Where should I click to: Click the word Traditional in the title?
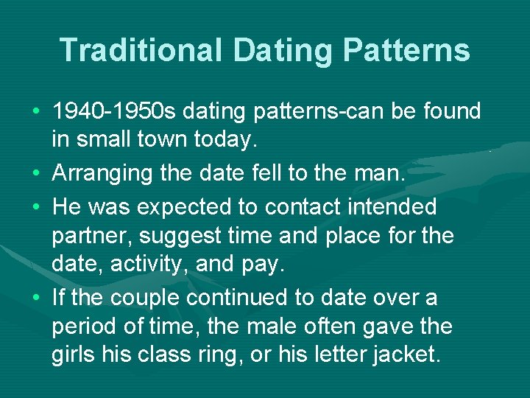click(141, 50)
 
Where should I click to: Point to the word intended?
click(382, 207)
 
